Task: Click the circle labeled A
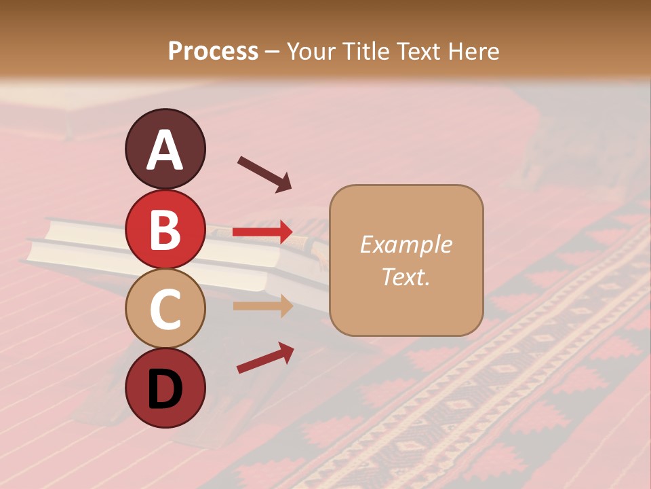[x=165, y=149]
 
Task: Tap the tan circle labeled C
[x=165, y=309]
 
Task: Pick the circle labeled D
[x=165, y=388]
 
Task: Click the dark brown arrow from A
[x=264, y=174]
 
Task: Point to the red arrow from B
[x=263, y=232]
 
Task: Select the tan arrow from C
[x=263, y=306]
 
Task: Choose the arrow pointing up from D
[x=265, y=358]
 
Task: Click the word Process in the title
[x=213, y=51]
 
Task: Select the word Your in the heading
[x=309, y=51]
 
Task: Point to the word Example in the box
[x=406, y=244]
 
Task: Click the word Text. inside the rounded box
[x=406, y=276]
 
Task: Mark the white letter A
[x=165, y=150]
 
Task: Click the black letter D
[x=165, y=388]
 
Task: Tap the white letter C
[x=165, y=310]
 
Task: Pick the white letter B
[x=165, y=230]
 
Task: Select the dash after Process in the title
[x=273, y=52]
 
